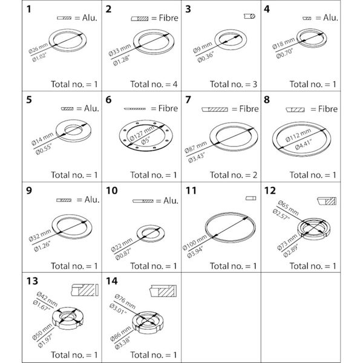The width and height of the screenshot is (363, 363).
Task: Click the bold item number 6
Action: [109, 100]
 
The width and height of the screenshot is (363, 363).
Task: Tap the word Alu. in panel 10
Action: [168, 200]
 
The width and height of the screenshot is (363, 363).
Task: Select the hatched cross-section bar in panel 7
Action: [215, 110]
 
